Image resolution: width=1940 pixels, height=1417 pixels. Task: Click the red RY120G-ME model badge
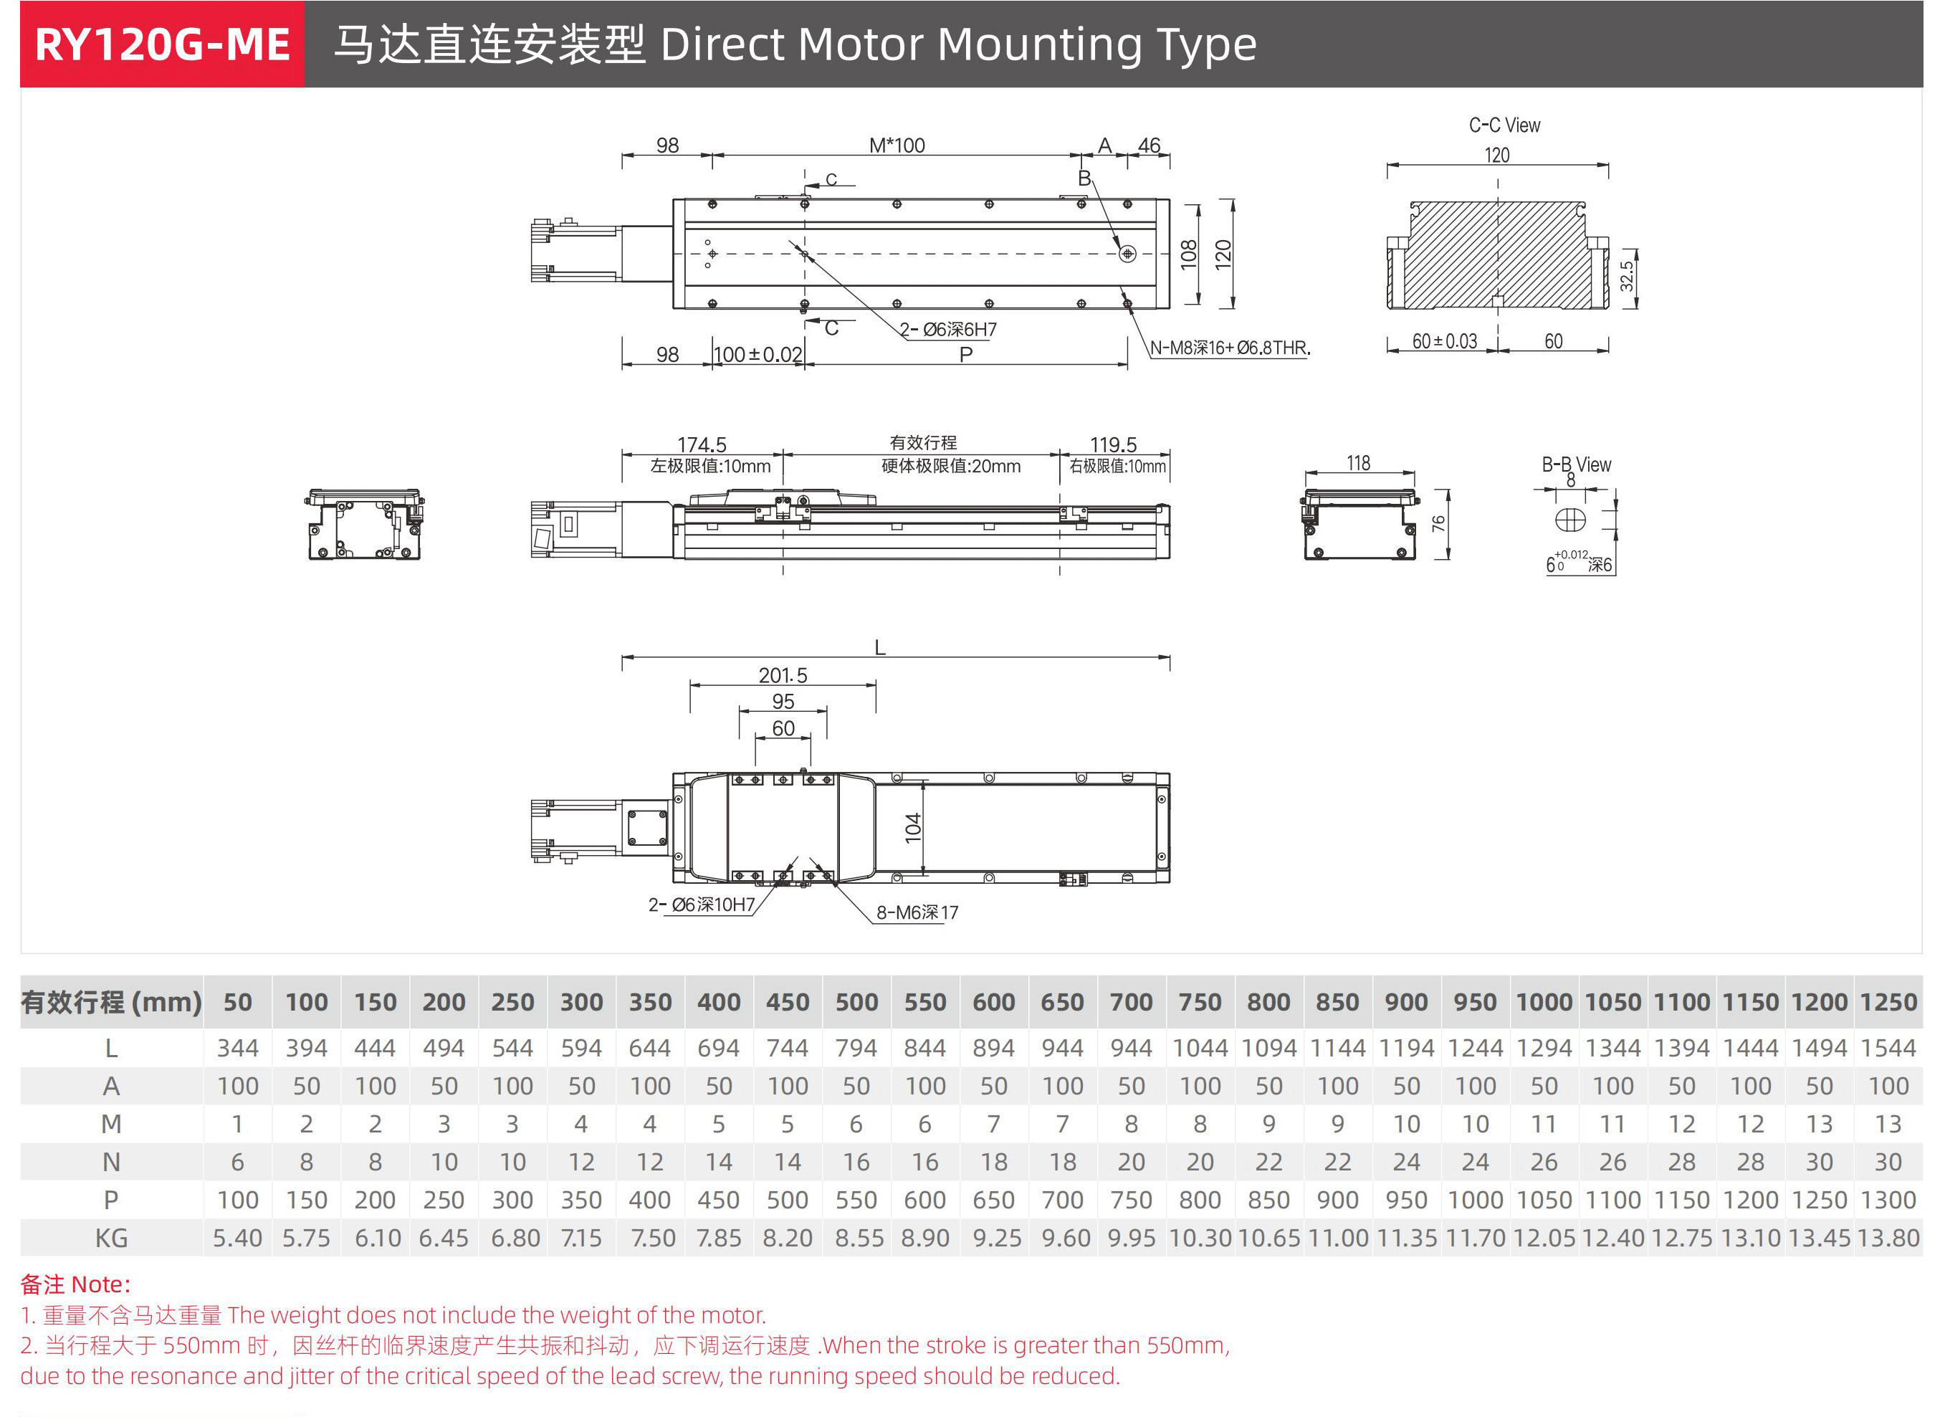pos(162,44)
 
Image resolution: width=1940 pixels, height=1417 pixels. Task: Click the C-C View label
pos(1504,125)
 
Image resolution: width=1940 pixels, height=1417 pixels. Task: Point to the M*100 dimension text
pos(897,145)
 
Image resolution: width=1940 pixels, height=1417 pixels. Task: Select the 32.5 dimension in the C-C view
pos(1625,276)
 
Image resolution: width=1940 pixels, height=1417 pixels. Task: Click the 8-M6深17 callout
pos(917,912)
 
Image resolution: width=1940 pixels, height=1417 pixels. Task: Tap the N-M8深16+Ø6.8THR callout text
pos(1229,348)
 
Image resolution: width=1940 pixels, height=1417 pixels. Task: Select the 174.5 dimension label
pos(701,444)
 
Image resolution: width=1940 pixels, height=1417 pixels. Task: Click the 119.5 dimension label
pos(1112,444)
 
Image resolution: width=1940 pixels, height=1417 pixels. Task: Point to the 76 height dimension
pos(1438,523)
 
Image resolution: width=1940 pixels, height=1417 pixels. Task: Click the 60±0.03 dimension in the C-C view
pos(1444,340)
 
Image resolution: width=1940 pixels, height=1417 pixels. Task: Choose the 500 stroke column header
pos(856,1002)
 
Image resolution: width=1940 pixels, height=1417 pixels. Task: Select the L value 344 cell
pos(237,1047)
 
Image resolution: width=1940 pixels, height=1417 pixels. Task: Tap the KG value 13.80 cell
pos(1888,1238)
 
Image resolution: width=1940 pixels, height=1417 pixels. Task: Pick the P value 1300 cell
pos(1888,1200)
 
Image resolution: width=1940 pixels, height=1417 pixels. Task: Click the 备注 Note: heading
pos(75,1284)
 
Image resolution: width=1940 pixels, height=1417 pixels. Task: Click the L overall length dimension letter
pos(879,648)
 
